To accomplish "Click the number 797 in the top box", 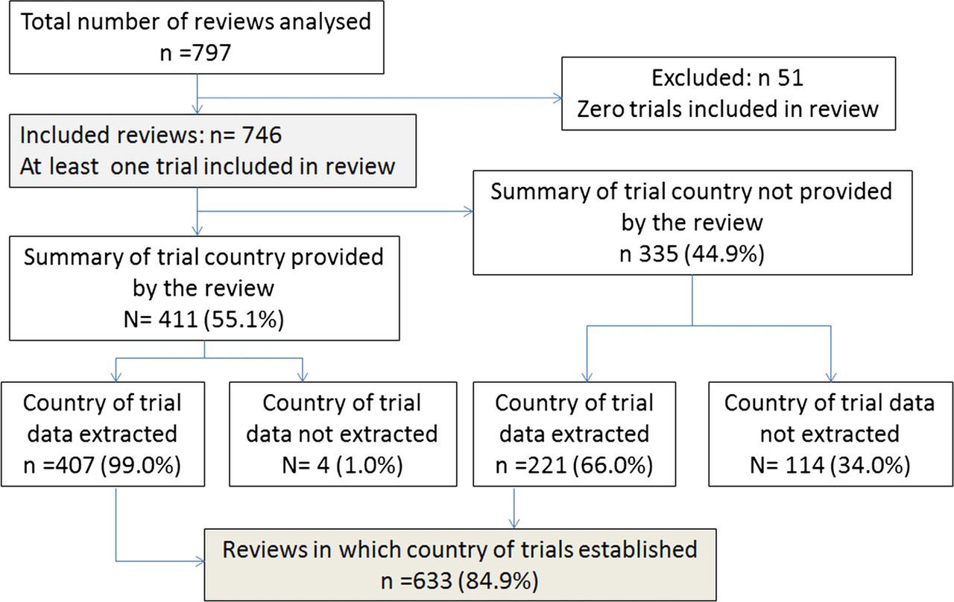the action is pos(212,53).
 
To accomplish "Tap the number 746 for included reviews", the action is pos(262,136).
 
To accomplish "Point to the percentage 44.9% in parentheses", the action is pos(724,254).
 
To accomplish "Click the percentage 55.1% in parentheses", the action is pos(244,320).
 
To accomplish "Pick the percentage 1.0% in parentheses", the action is pos(369,465).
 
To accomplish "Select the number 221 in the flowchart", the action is pos(547,465).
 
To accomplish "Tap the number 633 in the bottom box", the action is pos(432,580).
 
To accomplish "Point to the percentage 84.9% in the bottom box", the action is pos(499,580).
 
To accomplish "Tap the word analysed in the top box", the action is pos(325,22).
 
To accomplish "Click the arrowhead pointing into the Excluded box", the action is pos(557,98).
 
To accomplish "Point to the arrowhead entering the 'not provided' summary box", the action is pos(469,212).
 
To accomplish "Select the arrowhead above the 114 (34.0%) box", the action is pos(831,377).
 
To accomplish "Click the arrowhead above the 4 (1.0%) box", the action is pos(303,377).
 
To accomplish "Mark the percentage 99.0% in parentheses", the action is pos(141,465).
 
